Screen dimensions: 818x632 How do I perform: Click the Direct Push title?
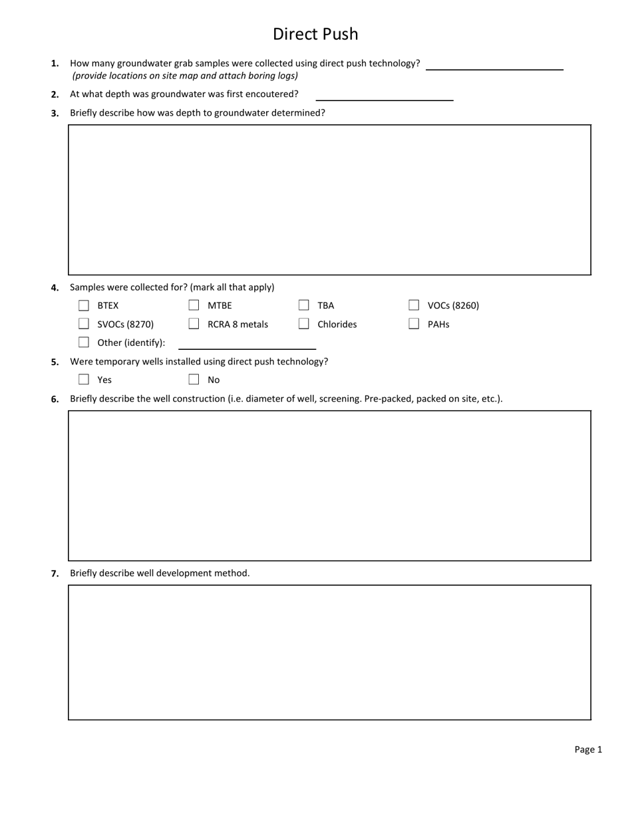[315, 34]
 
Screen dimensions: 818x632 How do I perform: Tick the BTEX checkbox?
[84, 305]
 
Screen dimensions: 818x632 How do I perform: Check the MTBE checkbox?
[194, 305]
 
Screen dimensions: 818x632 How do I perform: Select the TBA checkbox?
[303, 305]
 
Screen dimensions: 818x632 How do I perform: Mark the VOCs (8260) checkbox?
[414, 305]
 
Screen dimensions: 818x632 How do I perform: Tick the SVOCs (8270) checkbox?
[84, 324]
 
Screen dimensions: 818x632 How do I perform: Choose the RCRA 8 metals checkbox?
[194, 324]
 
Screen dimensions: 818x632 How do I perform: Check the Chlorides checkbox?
[303, 324]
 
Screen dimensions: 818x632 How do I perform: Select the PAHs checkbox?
[414, 324]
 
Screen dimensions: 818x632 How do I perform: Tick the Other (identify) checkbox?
[84, 342]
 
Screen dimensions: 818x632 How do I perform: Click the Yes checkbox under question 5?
[84, 380]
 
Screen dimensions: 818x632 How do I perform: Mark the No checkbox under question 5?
[194, 380]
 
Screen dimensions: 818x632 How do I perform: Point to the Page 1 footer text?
[588, 750]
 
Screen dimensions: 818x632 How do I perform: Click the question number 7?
[55, 573]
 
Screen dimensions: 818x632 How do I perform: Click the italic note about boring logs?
[185, 76]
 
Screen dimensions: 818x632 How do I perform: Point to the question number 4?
[55, 288]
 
